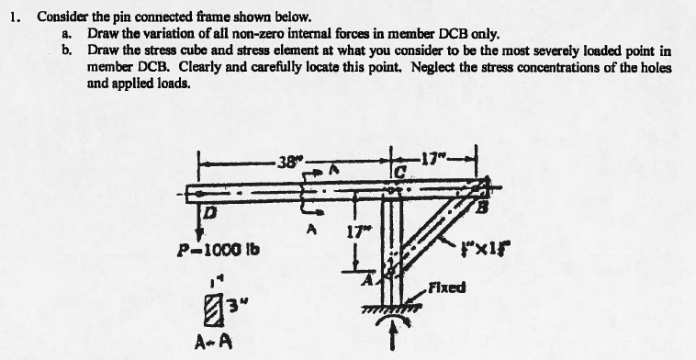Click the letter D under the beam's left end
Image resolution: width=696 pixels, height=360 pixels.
(208, 214)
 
